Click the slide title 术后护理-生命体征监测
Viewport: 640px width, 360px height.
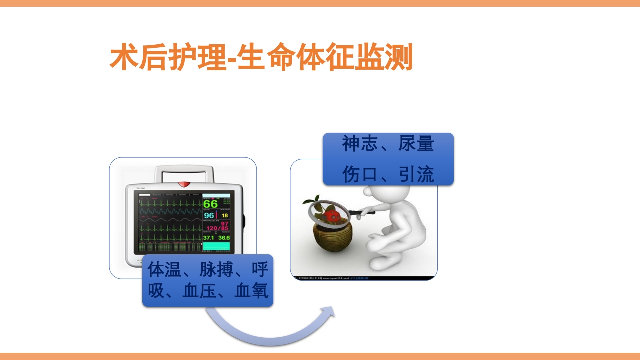tap(261, 58)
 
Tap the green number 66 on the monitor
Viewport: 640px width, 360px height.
tap(210, 204)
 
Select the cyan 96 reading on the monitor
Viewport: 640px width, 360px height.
tap(209, 216)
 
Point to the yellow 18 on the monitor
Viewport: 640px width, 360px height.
tap(225, 216)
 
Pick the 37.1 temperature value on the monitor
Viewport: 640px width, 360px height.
tap(208, 238)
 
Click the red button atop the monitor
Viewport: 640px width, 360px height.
tap(184, 184)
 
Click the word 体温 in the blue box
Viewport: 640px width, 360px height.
tap(164, 270)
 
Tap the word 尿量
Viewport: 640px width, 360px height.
tap(416, 144)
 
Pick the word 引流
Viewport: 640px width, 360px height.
tap(416, 174)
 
